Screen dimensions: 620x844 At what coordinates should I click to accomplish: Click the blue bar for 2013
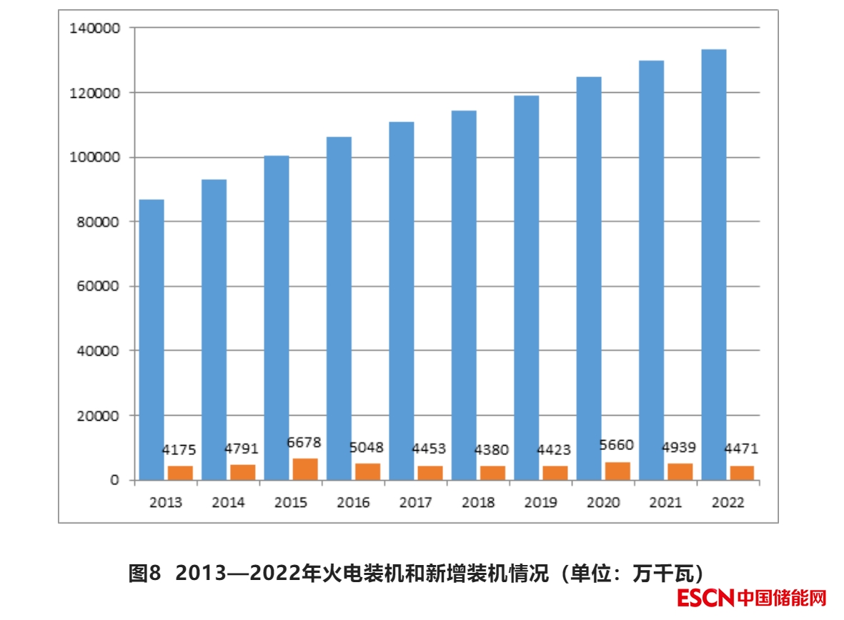coord(152,339)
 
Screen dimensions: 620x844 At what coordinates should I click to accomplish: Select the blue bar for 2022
coord(714,264)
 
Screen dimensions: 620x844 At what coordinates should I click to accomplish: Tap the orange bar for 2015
coord(305,469)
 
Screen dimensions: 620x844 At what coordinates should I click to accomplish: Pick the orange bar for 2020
coord(618,471)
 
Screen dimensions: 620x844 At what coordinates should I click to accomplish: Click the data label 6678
coord(304,443)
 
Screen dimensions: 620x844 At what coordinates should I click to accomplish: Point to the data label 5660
coord(617,446)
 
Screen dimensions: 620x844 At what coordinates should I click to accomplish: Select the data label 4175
coord(179,450)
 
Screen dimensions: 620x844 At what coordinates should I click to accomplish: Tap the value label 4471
coord(740,449)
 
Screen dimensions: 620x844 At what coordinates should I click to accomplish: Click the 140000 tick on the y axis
coord(94,28)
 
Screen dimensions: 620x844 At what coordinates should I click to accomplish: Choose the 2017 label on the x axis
coord(415,503)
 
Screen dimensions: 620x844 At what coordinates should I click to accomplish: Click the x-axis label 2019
coord(540,503)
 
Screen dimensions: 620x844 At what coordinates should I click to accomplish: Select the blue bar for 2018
coord(464,295)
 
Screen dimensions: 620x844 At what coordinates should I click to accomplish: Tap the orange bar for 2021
coord(680,471)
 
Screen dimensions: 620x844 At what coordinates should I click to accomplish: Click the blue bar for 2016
coord(339,308)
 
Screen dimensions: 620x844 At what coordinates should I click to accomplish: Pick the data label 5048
coord(367,448)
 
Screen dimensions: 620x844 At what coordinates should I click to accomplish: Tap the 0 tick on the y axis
coord(114,480)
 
